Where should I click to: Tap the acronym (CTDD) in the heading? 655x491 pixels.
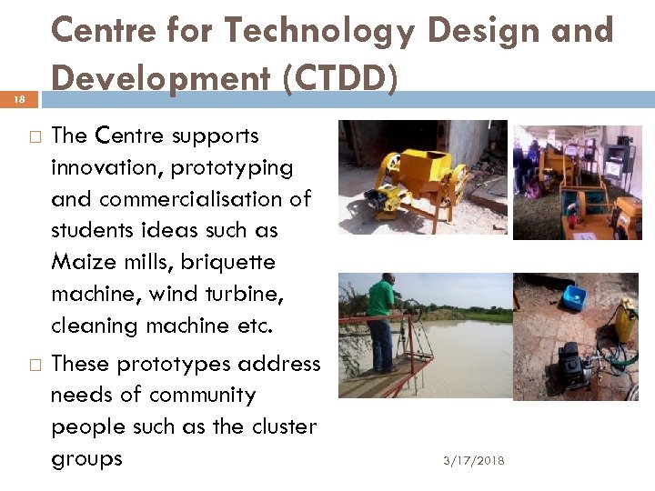[x=340, y=79]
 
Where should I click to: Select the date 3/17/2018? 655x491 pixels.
[x=474, y=461]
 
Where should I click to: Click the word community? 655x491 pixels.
[x=202, y=396]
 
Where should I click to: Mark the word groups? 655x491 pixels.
[x=86, y=459]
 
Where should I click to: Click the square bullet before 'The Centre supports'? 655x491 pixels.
[x=34, y=137]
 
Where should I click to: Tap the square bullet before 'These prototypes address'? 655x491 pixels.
[x=34, y=365]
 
